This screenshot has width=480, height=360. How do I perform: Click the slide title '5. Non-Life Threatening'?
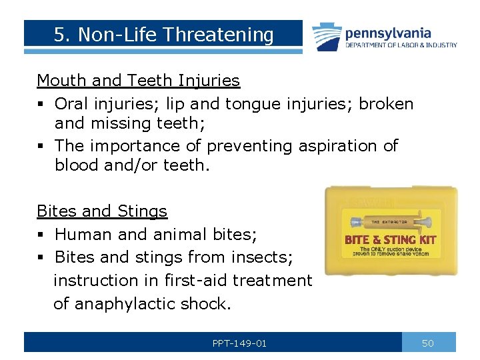pyautogui.click(x=164, y=35)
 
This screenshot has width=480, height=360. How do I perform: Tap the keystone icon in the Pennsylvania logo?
pyautogui.click(x=326, y=36)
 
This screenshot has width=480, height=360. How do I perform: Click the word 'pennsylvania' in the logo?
pyautogui.click(x=387, y=33)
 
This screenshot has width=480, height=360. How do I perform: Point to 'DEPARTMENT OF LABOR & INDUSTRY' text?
pyautogui.click(x=401, y=45)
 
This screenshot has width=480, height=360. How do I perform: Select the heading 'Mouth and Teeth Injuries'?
pyautogui.click(x=138, y=81)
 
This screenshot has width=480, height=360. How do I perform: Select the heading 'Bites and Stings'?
pyautogui.click(x=102, y=211)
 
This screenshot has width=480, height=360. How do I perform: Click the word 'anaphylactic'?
pyautogui.click(x=125, y=304)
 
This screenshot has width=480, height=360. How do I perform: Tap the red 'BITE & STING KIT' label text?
pyautogui.click(x=390, y=239)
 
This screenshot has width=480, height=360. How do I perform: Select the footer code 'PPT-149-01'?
pyautogui.click(x=239, y=343)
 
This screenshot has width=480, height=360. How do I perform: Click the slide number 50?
pyautogui.click(x=428, y=343)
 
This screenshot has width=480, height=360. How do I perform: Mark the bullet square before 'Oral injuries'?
pyautogui.click(x=41, y=105)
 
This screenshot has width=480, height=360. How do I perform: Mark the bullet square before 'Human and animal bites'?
pyautogui.click(x=41, y=235)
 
